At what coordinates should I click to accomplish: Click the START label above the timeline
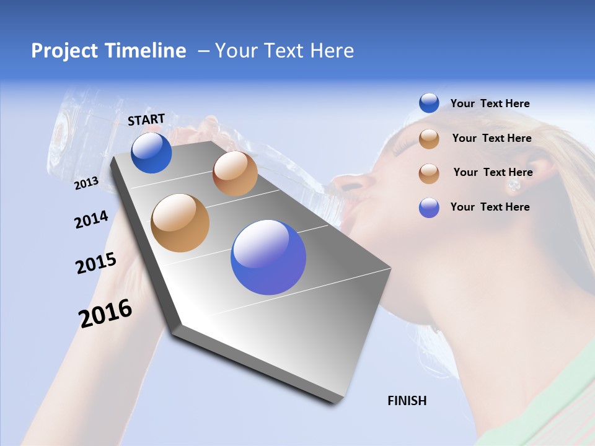click(146, 120)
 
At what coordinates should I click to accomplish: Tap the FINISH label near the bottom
click(407, 401)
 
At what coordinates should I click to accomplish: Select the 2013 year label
click(86, 183)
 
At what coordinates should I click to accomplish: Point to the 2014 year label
click(91, 219)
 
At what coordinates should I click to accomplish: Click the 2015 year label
click(96, 263)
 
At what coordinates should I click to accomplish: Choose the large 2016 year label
click(105, 313)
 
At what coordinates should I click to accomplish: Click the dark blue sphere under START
click(151, 153)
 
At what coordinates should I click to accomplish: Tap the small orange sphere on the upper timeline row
click(235, 173)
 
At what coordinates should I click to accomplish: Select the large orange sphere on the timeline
click(180, 223)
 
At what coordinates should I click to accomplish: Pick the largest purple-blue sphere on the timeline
click(268, 257)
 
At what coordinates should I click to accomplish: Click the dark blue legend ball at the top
click(429, 103)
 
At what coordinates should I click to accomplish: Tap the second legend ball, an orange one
click(429, 139)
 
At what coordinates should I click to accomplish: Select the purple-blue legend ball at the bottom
click(429, 208)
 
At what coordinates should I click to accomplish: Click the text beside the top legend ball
click(490, 104)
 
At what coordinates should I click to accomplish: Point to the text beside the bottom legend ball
click(490, 207)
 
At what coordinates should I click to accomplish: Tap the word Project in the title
click(62, 51)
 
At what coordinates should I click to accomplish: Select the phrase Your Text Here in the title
click(284, 51)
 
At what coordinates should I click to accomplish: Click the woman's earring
click(513, 185)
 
